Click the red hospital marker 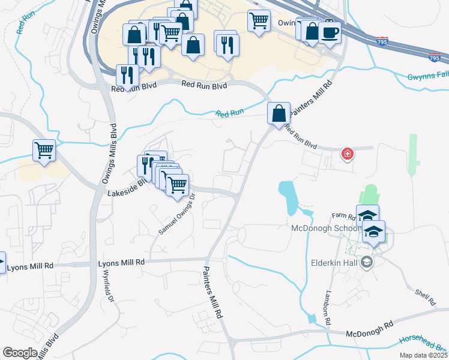click(x=347, y=154)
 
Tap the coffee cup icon click(x=330, y=32)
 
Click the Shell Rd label click(x=424, y=295)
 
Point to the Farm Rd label click(x=345, y=215)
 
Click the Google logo click(x=20, y=353)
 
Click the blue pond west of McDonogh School click(x=288, y=199)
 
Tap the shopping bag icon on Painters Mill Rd click(x=279, y=113)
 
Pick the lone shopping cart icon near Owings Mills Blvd click(x=44, y=151)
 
